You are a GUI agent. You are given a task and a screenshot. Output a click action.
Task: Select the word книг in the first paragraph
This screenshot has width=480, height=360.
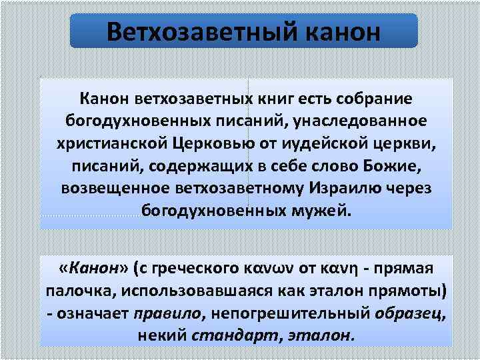(275, 99)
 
